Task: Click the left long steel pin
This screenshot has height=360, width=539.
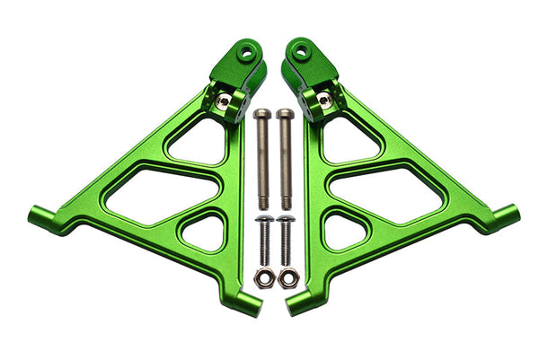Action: point(262,157)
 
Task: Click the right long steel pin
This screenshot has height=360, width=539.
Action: point(285,157)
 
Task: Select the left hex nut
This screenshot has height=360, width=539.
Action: point(263,277)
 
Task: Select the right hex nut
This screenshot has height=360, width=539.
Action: point(287,277)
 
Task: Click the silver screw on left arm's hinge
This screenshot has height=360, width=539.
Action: point(223,101)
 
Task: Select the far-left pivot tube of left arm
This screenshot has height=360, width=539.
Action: point(40,217)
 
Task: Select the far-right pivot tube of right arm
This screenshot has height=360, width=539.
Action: point(506,216)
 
